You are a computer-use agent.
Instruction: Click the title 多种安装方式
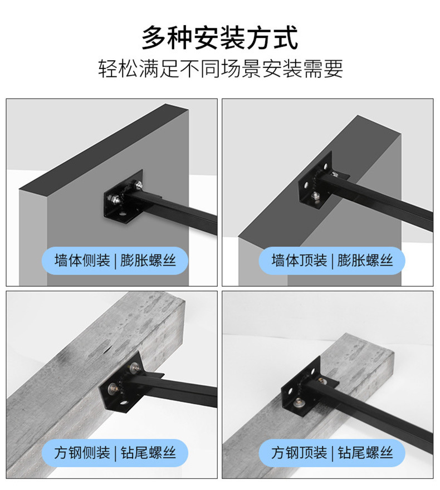click(x=219, y=38)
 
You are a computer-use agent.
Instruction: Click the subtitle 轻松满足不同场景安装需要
click(x=220, y=69)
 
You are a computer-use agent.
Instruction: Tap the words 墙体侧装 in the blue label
click(x=82, y=261)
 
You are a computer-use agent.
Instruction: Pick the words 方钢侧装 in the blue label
click(x=82, y=453)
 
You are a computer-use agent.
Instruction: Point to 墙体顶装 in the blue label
click(x=299, y=261)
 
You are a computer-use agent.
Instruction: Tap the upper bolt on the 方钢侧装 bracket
click(x=135, y=367)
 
